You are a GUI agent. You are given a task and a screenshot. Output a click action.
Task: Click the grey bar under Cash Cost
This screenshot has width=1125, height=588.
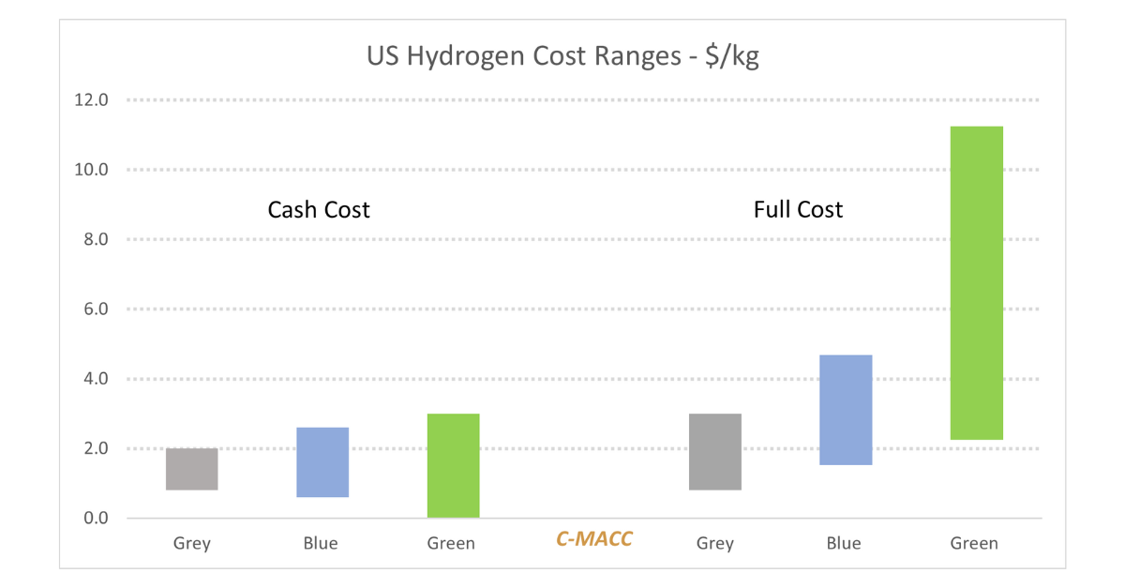(191, 469)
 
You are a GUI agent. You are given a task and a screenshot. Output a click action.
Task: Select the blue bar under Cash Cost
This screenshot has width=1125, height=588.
(322, 462)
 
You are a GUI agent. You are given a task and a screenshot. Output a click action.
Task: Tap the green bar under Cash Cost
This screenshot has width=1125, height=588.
(453, 465)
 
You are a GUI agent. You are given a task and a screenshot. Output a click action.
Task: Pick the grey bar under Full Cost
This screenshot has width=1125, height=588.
(714, 451)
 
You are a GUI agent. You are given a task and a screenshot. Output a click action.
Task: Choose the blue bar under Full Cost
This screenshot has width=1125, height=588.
(846, 410)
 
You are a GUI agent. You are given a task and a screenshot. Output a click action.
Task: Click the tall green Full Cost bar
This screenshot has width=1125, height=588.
(976, 282)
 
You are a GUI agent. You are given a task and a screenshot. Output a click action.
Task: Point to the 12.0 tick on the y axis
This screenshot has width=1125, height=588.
(91, 100)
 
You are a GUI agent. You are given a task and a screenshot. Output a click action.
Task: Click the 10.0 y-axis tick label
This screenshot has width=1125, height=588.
(91, 170)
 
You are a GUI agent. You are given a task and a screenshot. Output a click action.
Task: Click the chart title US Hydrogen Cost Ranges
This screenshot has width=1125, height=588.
(562, 57)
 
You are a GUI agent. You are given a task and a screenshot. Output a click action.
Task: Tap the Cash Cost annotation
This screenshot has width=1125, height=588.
(319, 209)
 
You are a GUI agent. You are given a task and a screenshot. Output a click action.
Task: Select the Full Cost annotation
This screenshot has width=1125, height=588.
(798, 209)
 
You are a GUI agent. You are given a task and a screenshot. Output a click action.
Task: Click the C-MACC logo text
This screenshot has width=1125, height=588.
(594, 539)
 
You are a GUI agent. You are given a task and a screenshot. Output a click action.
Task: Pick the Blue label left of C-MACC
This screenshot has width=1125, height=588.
(321, 543)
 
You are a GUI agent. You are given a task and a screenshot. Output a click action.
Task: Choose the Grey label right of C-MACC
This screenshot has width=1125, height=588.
(715, 543)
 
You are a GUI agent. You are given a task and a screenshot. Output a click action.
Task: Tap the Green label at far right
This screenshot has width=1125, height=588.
(974, 543)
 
